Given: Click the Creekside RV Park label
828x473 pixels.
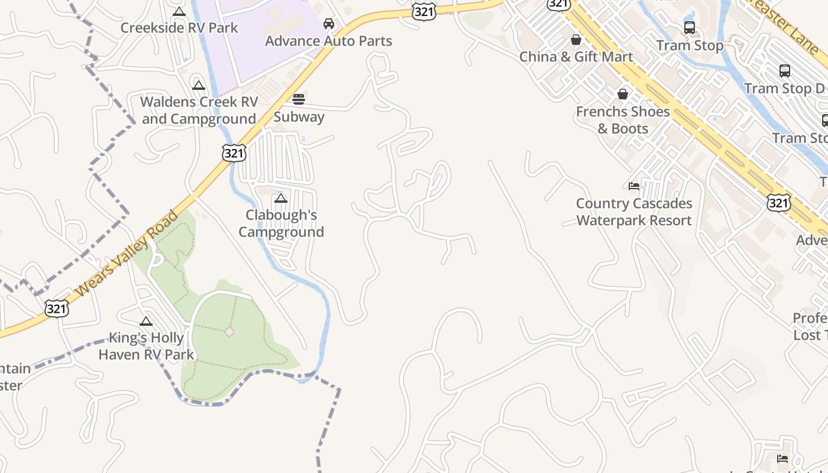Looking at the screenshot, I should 179,28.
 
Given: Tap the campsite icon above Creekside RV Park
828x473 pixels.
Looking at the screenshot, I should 179,11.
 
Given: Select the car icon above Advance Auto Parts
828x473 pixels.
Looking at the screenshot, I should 329,24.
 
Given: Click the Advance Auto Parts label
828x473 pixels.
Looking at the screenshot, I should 328,41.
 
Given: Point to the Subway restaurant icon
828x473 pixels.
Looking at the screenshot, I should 299,99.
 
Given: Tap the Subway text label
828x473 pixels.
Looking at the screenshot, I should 299,116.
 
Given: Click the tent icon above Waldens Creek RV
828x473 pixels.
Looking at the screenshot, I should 199,85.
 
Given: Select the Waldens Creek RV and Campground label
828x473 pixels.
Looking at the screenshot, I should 198,111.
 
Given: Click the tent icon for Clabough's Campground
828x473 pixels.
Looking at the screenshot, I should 281,198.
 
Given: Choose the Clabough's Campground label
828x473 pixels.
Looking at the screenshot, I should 281,223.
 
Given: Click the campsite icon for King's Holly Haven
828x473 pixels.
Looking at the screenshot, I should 146,321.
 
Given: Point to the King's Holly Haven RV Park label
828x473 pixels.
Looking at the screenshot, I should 146,346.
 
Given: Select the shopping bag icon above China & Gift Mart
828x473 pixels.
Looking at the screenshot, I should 576,40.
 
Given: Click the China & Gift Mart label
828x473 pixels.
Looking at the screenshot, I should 576,57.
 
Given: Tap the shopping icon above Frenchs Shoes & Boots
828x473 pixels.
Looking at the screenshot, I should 623,94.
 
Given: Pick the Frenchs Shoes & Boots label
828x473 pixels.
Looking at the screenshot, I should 623,120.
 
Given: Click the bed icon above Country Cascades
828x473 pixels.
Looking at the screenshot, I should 634,186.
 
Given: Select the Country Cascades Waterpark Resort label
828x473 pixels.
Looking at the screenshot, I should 634,212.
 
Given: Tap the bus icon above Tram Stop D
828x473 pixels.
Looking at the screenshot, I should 785,71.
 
